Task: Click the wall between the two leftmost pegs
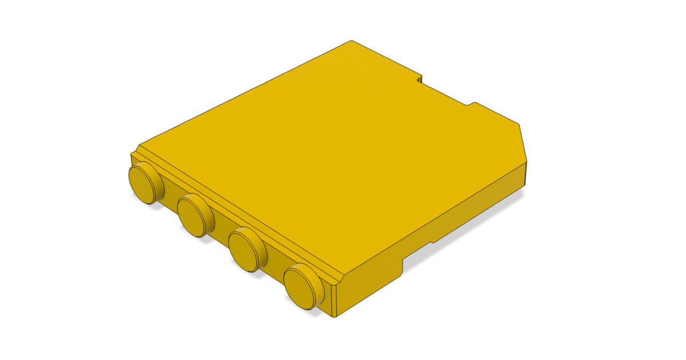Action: (170, 197)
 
